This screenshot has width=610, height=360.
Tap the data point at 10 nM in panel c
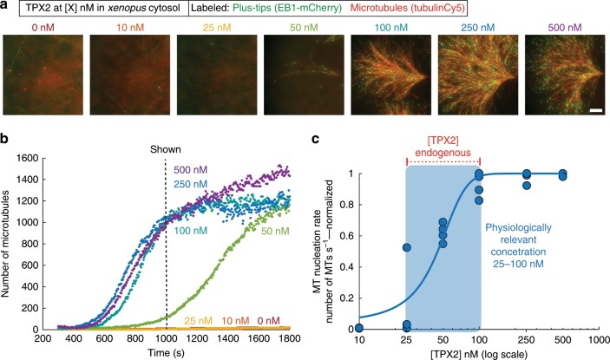point(358,328)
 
